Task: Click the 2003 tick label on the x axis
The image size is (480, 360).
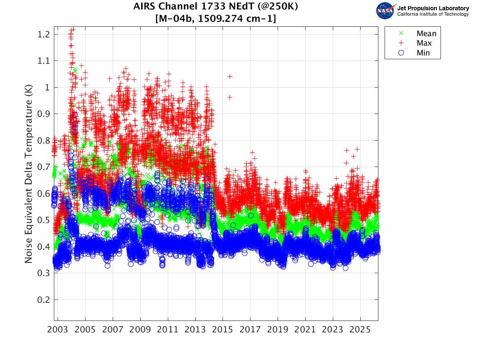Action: coord(58,330)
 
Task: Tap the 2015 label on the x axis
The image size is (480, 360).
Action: coord(223,330)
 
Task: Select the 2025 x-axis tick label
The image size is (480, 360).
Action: coord(360,330)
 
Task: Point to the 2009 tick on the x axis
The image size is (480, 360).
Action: coord(140,330)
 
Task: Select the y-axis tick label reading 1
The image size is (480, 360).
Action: coord(47,87)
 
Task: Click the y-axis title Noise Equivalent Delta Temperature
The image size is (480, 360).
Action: coord(28,177)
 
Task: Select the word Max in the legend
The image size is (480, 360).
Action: coord(424,43)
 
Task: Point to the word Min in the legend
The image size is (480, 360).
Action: coord(423,53)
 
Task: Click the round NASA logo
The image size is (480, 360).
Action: coord(385,11)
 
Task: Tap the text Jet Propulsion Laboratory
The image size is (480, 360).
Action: coord(433,8)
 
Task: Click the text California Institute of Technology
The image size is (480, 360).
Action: coord(433,14)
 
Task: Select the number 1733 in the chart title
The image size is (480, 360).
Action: coord(214,7)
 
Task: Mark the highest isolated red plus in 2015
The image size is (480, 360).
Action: coord(230,77)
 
